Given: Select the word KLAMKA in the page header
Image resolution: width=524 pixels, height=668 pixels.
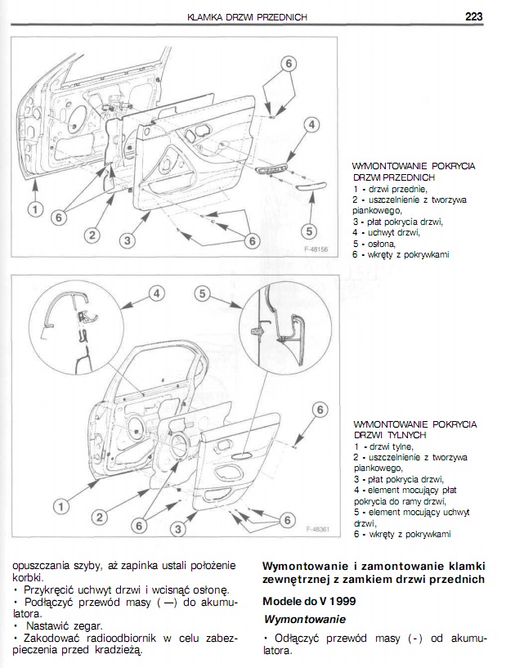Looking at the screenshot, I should (x=205, y=16).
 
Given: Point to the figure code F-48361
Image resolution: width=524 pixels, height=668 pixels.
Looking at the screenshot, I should (x=318, y=528).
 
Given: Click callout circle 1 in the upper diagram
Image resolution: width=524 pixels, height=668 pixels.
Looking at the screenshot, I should (x=34, y=209).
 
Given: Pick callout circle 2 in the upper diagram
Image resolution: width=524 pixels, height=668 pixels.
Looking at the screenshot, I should (x=92, y=235).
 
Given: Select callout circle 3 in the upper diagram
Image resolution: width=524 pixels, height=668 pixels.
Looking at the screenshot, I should (x=127, y=240).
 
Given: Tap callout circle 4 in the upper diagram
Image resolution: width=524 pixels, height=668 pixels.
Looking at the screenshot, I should (x=311, y=124).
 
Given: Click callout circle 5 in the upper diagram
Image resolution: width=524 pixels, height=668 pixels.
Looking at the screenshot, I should (x=309, y=231).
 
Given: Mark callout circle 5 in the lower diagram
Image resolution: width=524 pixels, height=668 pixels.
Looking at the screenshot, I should (x=204, y=294).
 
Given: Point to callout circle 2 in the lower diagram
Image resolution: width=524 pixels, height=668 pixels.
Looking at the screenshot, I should (x=99, y=517).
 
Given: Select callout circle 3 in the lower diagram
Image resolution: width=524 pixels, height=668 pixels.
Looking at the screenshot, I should (x=177, y=530).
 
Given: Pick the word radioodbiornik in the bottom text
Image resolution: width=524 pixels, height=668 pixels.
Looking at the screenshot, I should (x=126, y=637).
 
